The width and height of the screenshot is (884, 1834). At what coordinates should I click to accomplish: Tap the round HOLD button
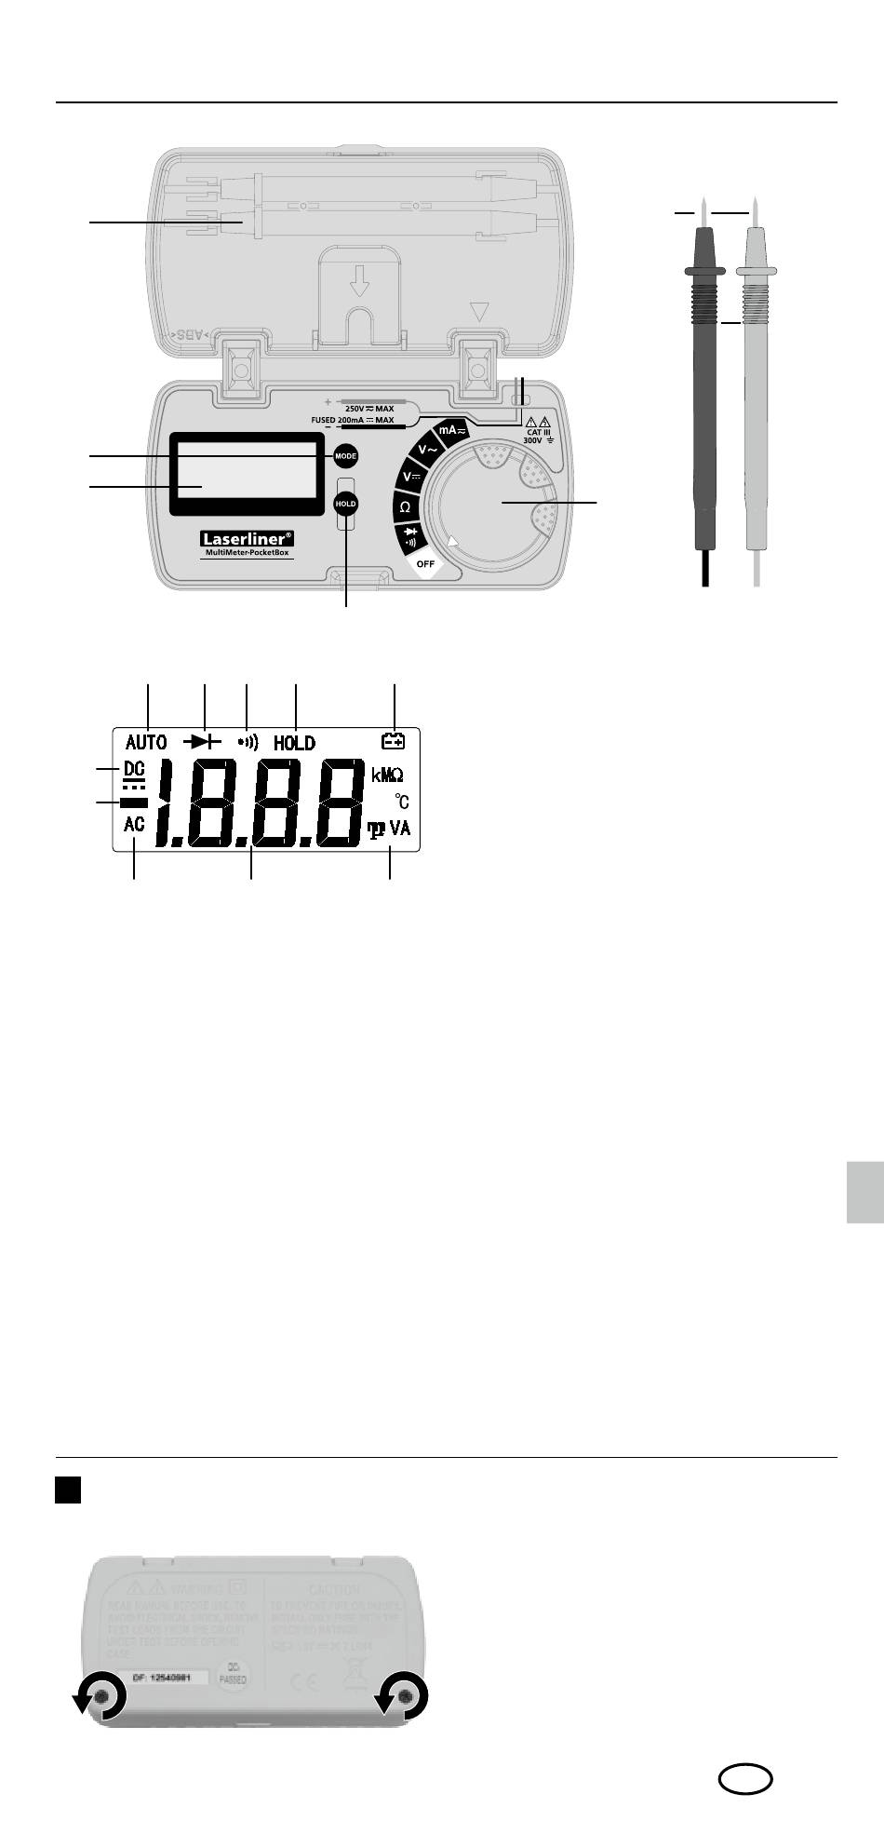click(346, 503)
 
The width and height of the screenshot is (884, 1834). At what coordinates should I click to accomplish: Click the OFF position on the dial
click(426, 563)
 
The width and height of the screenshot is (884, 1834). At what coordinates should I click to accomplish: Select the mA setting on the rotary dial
click(452, 431)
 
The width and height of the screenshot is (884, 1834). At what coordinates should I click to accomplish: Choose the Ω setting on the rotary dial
click(405, 507)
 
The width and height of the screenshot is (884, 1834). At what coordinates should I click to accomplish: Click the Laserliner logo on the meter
click(248, 538)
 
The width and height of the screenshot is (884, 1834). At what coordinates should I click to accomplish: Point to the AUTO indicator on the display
click(146, 743)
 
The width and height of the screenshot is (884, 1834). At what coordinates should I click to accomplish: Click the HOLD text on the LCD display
click(294, 743)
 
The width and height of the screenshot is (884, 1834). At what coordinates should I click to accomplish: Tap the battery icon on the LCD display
click(394, 741)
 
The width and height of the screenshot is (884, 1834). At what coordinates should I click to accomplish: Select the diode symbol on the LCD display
click(204, 742)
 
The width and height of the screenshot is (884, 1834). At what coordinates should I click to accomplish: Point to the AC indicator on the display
click(135, 824)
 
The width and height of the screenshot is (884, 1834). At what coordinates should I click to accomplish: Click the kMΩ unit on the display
click(388, 775)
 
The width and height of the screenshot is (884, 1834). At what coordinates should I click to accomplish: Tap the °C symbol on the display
click(401, 801)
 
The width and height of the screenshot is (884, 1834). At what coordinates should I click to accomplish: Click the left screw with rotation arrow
click(102, 1697)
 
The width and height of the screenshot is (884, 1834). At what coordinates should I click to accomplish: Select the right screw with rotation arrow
click(405, 1697)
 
